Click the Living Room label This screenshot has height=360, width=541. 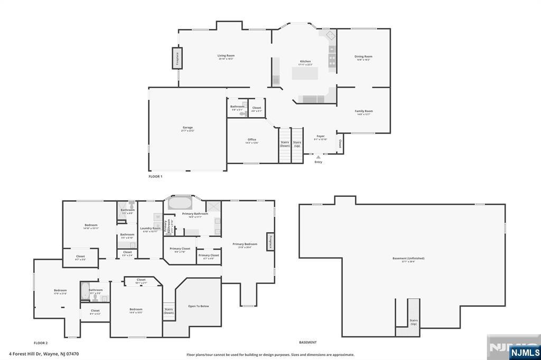point(226,55)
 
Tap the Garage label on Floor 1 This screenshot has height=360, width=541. point(188,127)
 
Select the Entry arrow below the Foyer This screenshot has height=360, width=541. point(318,157)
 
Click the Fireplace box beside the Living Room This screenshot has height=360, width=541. point(177,58)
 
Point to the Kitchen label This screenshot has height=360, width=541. point(305,61)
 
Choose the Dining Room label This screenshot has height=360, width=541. point(363,56)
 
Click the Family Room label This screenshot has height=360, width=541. point(363,111)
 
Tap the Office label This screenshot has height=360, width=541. point(251,139)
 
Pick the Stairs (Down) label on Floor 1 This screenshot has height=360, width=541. point(285,144)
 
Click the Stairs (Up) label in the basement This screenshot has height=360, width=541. point(414,321)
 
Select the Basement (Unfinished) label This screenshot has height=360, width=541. point(408,258)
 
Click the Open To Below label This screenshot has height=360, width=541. point(199,306)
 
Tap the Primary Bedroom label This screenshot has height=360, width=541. point(245,244)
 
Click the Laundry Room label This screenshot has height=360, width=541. point(151,228)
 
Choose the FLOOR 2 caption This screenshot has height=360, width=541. point(41,343)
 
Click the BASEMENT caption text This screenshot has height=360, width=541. point(307,343)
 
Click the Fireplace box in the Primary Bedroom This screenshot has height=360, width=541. point(269,242)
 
